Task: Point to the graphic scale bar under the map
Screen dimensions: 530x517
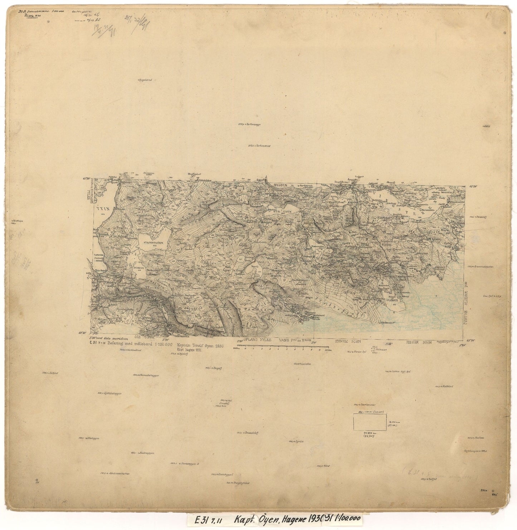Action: point(281,347)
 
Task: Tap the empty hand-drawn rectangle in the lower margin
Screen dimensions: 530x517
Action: point(370,421)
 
